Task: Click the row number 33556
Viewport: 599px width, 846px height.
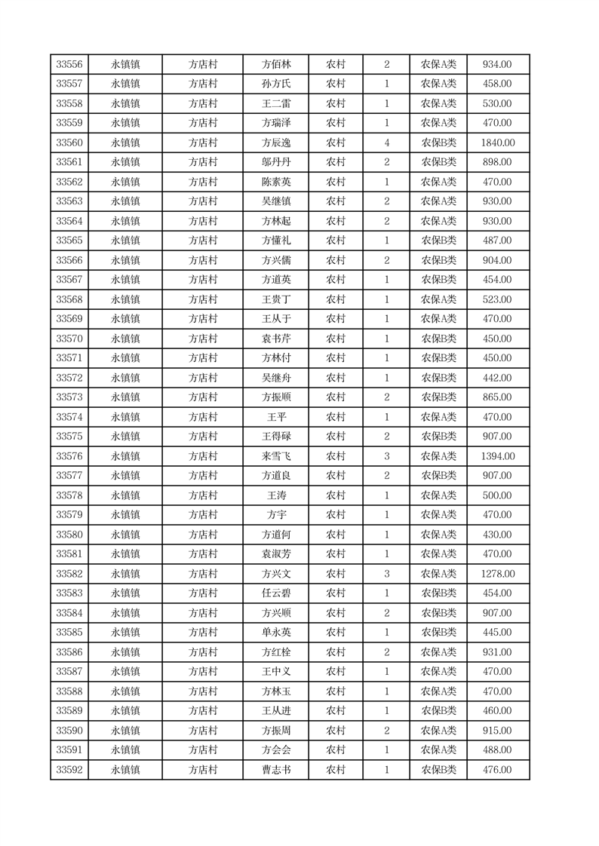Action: click(x=69, y=65)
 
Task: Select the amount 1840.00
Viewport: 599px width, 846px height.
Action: click(x=498, y=143)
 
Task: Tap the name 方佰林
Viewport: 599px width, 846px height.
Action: click(x=276, y=65)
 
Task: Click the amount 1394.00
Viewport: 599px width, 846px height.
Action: click(x=498, y=456)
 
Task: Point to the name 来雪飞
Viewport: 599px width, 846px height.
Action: click(x=276, y=456)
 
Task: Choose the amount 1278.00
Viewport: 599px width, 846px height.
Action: click(x=498, y=574)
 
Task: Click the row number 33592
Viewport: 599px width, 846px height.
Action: click(x=69, y=770)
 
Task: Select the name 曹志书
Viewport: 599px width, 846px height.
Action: click(x=276, y=770)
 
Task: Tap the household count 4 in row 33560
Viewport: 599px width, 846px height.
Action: click(x=387, y=143)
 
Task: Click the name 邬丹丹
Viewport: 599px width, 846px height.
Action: click(x=276, y=163)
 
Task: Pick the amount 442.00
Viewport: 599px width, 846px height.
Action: click(x=498, y=378)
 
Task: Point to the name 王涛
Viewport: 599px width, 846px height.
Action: click(x=276, y=495)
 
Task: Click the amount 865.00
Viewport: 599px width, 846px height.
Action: click(x=498, y=397)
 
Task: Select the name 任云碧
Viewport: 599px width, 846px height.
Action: click(x=276, y=593)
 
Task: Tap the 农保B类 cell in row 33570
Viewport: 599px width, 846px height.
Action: click(x=438, y=339)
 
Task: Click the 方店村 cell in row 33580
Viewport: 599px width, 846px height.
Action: click(x=203, y=535)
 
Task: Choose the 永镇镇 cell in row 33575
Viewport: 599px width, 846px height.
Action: click(x=125, y=437)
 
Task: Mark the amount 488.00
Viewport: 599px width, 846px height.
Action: click(x=498, y=750)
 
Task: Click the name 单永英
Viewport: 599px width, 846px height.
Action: click(x=276, y=633)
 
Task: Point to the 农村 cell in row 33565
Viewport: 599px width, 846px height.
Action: click(x=336, y=241)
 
